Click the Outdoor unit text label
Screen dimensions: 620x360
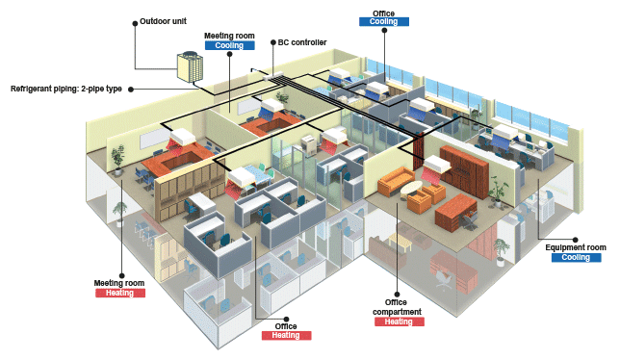click(163, 21)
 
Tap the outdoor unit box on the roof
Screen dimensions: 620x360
click(190, 67)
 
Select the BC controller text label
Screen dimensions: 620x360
click(302, 42)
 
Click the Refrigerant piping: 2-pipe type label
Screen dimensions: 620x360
click(66, 89)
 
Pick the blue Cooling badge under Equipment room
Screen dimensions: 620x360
click(576, 258)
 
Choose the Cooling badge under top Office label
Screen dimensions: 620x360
click(383, 22)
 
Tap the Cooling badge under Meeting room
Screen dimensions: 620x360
click(229, 45)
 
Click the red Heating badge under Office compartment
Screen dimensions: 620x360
click(399, 321)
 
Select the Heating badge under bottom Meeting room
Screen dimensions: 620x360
click(119, 293)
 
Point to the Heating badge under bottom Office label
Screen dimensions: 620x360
click(286, 336)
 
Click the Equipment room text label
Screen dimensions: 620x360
click(576, 247)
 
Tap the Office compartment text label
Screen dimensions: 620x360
click(397, 307)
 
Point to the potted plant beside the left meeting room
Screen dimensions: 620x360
click(117, 160)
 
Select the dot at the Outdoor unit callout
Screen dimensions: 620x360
click(135, 23)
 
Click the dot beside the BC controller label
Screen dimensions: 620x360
click(273, 42)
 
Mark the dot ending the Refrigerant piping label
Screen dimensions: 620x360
click(131, 90)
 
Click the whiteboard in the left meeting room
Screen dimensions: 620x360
click(153, 138)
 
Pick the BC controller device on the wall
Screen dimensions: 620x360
click(272, 75)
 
